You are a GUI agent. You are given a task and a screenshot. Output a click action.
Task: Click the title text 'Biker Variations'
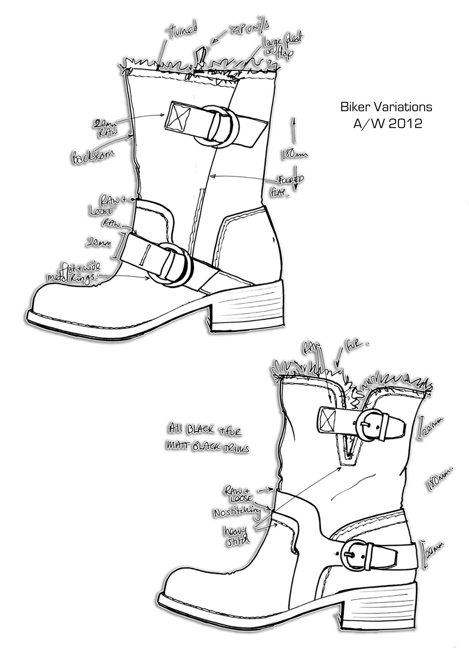pos(386,107)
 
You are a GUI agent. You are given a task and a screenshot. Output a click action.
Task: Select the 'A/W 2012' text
pos(387,123)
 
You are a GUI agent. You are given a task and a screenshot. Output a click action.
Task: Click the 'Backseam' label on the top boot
pos(92,154)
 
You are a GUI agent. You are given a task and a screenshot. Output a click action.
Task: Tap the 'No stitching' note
pos(236,512)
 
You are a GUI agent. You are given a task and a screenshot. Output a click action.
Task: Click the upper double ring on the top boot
pos(217,126)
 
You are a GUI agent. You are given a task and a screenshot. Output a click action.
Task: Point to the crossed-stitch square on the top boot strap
pos(178,116)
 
